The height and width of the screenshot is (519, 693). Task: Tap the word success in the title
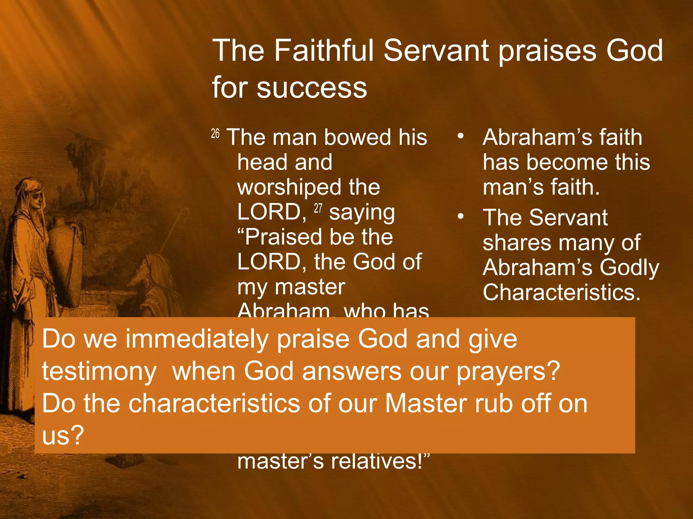point(312,88)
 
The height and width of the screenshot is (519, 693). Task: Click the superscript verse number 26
point(215,134)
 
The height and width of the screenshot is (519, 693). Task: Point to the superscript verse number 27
point(318,208)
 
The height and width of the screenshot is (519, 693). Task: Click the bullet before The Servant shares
point(460,217)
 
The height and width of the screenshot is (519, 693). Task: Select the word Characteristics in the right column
point(561,292)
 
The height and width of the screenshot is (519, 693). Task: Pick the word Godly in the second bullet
point(629,268)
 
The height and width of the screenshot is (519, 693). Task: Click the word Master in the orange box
point(426,403)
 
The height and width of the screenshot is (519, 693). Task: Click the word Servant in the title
point(436,51)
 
